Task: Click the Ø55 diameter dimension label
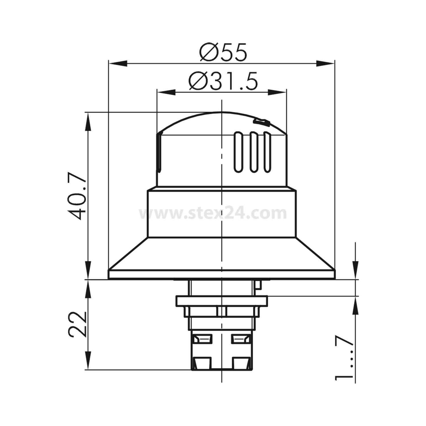pyautogui.click(x=223, y=53)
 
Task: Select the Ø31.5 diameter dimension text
pyautogui.click(x=224, y=81)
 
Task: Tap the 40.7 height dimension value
pyautogui.click(x=77, y=196)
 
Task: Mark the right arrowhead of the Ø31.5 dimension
pyautogui.click(x=277, y=92)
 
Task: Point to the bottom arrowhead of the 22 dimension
pyautogui.click(x=88, y=361)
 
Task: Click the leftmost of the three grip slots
pyautogui.click(x=238, y=152)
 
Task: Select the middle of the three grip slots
pyautogui.click(x=252, y=152)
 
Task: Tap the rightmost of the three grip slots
pyautogui.click(x=266, y=152)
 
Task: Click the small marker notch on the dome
pyautogui.click(x=261, y=122)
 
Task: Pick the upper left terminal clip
pyautogui.click(x=202, y=339)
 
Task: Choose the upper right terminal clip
pyautogui.click(x=241, y=339)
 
